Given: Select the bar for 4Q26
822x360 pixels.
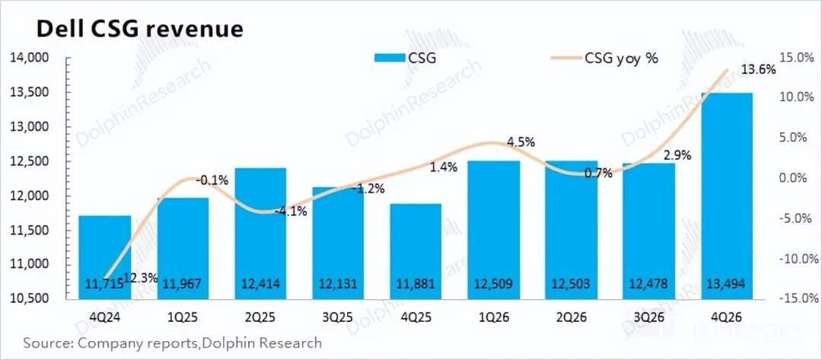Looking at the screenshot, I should click(727, 190).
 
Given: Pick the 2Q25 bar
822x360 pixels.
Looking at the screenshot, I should click(260, 228).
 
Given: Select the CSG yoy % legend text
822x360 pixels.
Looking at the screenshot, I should click(621, 58).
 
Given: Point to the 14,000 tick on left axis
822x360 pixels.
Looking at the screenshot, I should click(30, 58).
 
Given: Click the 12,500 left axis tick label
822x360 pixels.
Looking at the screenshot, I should click(30, 161).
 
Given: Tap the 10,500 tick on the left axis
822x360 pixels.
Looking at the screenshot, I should click(30, 298).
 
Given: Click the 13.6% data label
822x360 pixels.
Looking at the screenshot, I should click(760, 70).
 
